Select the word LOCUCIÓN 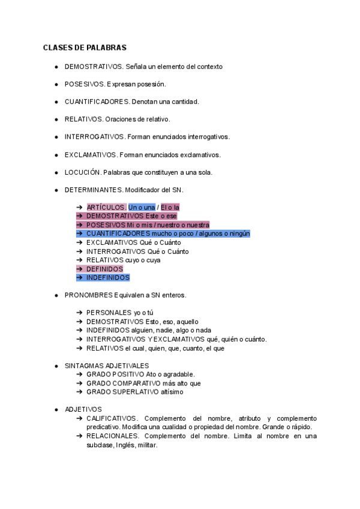(82, 172)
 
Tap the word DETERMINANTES (93, 190)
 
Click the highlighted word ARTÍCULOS (106, 207)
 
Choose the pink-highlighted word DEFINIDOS (104, 269)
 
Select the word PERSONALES (109, 313)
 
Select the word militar (147, 445)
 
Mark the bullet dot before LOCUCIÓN (56, 172)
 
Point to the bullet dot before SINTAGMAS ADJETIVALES (56, 365)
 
